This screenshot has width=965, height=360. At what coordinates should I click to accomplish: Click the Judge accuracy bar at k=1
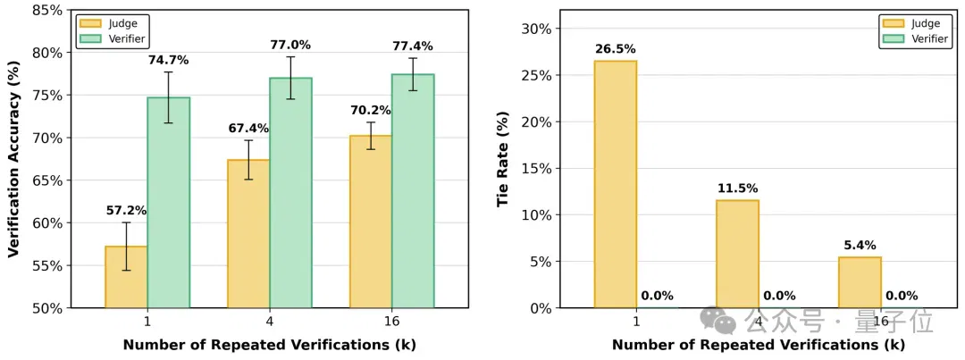(x=126, y=277)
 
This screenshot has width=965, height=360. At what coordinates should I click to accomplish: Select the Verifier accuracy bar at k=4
(x=291, y=193)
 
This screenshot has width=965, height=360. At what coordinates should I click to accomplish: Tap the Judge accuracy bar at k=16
(x=371, y=222)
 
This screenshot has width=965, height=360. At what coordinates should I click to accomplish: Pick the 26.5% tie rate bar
(x=616, y=184)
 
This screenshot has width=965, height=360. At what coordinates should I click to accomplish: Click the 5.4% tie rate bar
(x=860, y=282)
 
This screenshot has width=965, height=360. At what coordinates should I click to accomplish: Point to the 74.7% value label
(x=168, y=61)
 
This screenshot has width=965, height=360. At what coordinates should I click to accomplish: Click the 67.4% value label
(x=248, y=129)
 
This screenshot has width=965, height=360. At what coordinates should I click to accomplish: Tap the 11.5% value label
(x=737, y=188)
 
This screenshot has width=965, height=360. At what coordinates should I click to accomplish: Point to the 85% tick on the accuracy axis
(x=48, y=10)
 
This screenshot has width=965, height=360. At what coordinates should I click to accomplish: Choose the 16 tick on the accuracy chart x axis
(x=391, y=322)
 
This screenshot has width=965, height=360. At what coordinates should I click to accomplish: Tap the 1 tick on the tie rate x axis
(x=636, y=322)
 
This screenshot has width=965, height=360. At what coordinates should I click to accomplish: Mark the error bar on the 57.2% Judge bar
(x=126, y=247)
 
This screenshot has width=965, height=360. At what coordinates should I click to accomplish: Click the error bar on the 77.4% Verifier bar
(x=412, y=74)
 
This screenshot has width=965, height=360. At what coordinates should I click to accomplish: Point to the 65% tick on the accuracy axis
(x=48, y=181)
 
